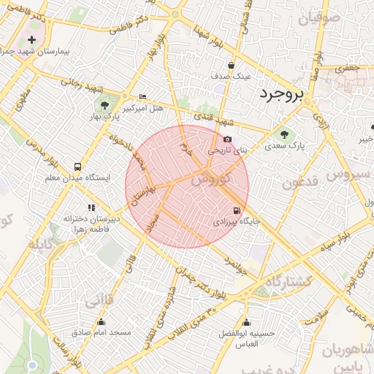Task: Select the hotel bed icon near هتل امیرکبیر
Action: tap(142, 97)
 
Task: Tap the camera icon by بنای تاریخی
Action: tap(228, 139)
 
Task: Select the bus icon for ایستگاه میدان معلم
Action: tap(77, 167)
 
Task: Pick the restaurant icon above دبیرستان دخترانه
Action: tap(91, 207)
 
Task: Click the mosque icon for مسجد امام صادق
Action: tap(101, 321)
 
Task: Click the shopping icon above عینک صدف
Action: tap(232, 65)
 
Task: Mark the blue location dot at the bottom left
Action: tap(31, 364)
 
